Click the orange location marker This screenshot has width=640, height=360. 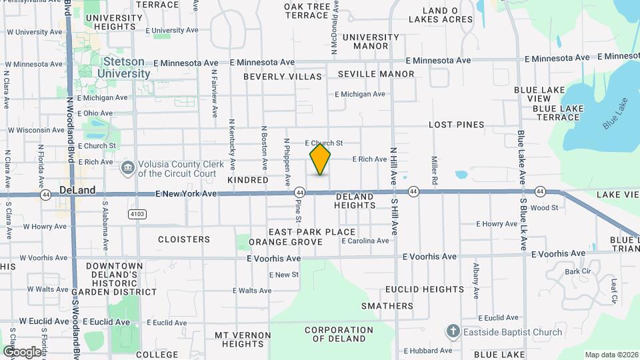pyautogui.click(x=320, y=159)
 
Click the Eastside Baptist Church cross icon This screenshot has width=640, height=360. pyautogui.click(x=453, y=331)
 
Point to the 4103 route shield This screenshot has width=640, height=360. pyautogui.click(x=137, y=213)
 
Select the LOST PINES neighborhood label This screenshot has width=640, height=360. pyautogui.click(x=456, y=125)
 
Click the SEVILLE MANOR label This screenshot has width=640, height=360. pyautogui.click(x=376, y=74)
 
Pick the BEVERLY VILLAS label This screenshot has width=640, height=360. pyautogui.click(x=283, y=77)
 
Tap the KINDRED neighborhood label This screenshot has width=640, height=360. pyautogui.click(x=247, y=180)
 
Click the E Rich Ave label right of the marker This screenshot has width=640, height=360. pyautogui.click(x=369, y=159)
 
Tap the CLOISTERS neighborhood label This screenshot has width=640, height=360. pyautogui.click(x=184, y=239)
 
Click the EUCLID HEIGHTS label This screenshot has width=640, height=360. pyautogui.click(x=425, y=289)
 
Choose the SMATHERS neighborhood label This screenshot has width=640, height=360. pyautogui.click(x=387, y=306)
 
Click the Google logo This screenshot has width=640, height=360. pyautogui.click(x=22, y=351)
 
